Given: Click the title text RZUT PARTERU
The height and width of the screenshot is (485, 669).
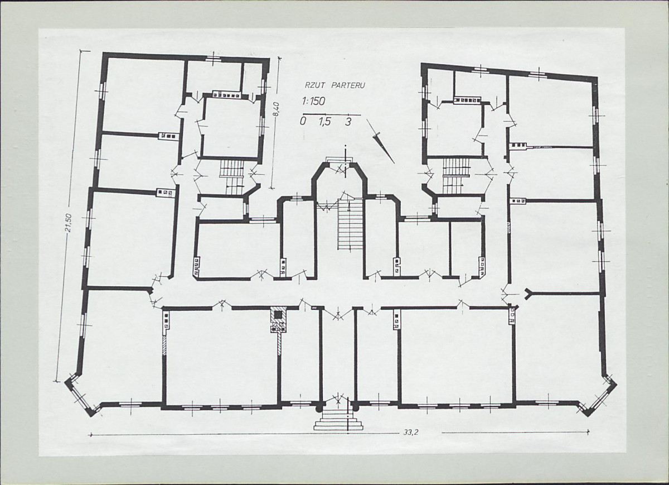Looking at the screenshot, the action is [x=334, y=85].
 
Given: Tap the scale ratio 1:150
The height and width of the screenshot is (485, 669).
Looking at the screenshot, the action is [x=313, y=102].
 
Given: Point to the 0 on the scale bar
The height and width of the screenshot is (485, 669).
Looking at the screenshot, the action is [x=304, y=122].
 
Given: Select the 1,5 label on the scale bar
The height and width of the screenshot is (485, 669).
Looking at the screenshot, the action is [x=325, y=122].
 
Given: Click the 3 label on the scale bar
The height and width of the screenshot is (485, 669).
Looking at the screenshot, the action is [x=348, y=122].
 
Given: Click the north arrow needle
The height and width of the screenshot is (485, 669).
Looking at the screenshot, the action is [x=380, y=141].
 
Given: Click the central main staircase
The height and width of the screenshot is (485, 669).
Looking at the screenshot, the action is [x=350, y=224].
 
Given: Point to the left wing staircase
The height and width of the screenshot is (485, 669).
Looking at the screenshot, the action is [x=232, y=177].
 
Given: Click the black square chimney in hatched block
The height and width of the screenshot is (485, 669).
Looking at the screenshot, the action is [x=278, y=315].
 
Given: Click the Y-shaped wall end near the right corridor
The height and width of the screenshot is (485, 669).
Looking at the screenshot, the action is [x=529, y=294].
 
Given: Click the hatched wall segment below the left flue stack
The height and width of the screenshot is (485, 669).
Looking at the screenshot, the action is [x=164, y=345].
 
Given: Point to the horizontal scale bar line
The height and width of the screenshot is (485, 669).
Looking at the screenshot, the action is [x=332, y=114].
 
